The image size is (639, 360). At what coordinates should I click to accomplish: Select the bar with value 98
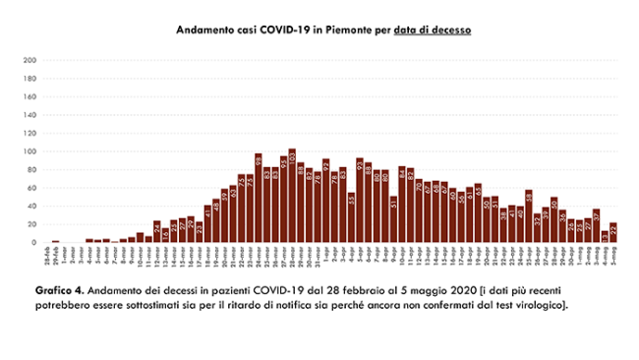(258, 199)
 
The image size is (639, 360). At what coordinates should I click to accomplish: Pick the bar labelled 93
(360, 201)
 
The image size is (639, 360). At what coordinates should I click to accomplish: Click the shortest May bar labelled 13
(605, 237)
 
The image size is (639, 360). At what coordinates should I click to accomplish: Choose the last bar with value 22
(613, 233)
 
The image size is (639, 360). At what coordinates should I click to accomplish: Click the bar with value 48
(553, 221)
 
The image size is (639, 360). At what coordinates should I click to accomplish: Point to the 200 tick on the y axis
(30, 60)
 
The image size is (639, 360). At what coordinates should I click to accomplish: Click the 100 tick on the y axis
(30, 151)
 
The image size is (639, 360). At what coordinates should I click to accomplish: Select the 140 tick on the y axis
(30, 115)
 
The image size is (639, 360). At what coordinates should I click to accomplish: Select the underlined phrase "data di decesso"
(433, 30)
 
